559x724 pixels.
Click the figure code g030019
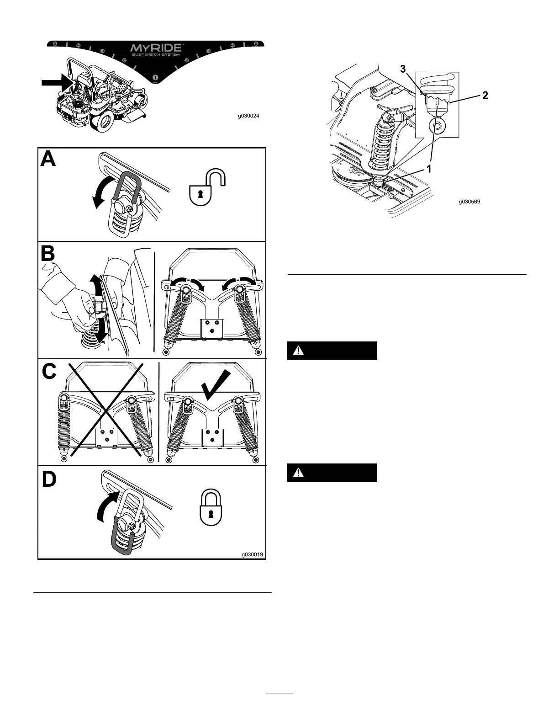click(x=253, y=555)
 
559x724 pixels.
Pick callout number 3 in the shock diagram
click(x=403, y=69)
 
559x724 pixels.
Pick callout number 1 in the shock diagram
click(x=429, y=169)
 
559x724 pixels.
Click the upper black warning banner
click(x=332, y=351)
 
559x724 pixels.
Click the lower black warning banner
click(x=332, y=473)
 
